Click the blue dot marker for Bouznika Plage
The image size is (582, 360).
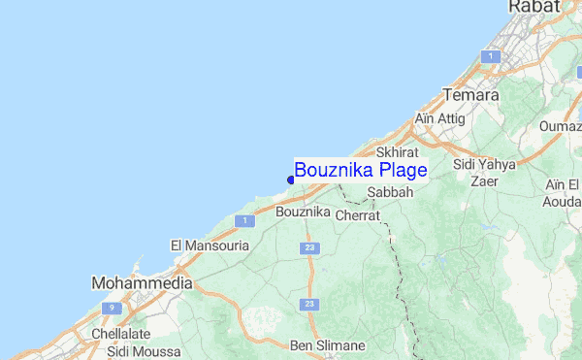tap(291, 179)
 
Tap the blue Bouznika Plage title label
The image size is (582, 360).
tap(361, 171)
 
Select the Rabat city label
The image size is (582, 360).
tap(533, 8)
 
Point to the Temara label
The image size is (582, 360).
tap(470, 96)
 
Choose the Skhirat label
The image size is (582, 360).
tap(397, 153)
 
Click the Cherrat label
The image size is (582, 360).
tap(357, 216)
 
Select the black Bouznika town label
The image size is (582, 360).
tap(304, 212)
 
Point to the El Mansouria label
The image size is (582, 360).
tap(210, 246)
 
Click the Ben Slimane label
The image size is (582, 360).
tap(328, 345)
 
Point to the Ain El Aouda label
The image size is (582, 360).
tap(563, 193)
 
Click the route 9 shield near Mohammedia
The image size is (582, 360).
tap(113, 308)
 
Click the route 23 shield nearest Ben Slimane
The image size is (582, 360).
tap(309, 305)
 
